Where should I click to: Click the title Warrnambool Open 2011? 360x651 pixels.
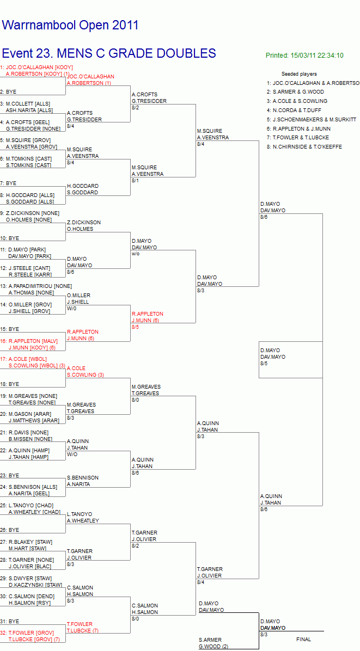[70, 26]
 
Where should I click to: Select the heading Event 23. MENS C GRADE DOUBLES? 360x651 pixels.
[109, 53]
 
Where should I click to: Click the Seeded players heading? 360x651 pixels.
[299, 74]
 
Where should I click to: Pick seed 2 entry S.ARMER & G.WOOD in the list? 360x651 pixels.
[296, 92]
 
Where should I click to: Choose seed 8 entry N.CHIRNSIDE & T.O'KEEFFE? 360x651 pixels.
[305, 146]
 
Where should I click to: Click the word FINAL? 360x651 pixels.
[303, 640]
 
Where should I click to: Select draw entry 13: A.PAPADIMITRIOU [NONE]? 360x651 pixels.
[36, 286]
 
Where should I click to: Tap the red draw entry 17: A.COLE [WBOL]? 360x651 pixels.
[23, 359]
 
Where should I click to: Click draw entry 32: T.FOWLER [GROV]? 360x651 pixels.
[27, 632]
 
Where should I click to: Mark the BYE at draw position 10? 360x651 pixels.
[8, 238]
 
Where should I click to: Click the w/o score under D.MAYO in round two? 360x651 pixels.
[136, 254]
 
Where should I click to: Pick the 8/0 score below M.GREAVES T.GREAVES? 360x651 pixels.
[136, 400]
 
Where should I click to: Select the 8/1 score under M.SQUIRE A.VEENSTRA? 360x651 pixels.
[136, 181]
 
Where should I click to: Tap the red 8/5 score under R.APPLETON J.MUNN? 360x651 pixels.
[136, 327]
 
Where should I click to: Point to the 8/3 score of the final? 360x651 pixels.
[264, 634]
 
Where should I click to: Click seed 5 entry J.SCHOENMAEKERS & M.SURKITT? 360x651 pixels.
[312, 119]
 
